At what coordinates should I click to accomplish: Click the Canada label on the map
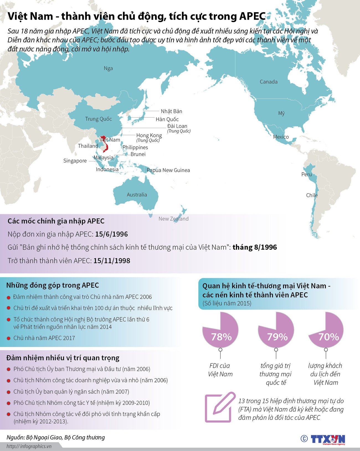point(268,82)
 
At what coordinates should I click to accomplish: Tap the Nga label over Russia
point(108,68)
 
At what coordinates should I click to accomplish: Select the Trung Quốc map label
point(98,119)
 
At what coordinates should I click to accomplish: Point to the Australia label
point(137,195)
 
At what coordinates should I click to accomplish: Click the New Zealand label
point(173,219)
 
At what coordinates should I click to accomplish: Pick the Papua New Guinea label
point(168,170)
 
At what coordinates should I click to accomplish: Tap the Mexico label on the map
point(281,137)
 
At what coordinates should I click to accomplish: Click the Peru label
point(307,174)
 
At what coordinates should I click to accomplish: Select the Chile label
point(312,195)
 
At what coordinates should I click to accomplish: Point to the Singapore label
point(75,161)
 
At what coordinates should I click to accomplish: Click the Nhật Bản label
point(171,111)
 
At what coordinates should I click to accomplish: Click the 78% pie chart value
point(221,337)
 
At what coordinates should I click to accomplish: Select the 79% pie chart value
point(277,337)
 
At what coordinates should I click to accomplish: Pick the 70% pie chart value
point(328,337)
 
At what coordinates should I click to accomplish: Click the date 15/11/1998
point(112,261)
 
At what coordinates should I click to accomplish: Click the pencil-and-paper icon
point(219,407)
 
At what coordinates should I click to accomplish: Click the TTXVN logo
point(328,439)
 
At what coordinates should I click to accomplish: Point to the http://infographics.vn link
point(29,446)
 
